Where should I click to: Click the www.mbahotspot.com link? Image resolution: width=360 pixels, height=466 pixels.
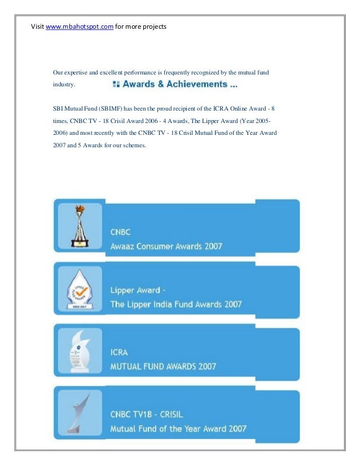coord(79,27)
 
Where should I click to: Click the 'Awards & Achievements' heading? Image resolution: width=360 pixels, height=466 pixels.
coord(180,85)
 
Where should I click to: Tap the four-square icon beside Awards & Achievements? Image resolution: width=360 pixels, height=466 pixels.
coord(116,85)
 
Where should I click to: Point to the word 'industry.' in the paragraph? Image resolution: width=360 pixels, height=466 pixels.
coord(64,85)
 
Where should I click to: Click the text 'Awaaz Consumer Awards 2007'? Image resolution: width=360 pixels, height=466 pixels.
coord(166,247)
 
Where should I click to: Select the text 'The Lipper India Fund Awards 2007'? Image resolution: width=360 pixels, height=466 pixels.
coord(176,305)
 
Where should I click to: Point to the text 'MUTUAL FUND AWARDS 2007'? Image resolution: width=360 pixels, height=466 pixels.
coord(163,367)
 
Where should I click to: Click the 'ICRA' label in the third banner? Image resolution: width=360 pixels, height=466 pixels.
coord(119,353)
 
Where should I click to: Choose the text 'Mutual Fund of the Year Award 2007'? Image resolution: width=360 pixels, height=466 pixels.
coord(178,429)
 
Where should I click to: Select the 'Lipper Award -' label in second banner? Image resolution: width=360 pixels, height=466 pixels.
coord(138,291)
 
